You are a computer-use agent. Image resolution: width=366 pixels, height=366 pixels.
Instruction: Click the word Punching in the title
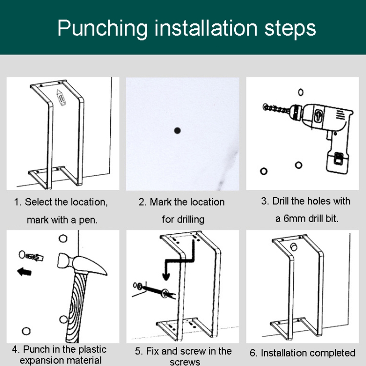click(x=102, y=29)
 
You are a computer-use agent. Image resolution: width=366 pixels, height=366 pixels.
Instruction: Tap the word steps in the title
click(x=290, y=29)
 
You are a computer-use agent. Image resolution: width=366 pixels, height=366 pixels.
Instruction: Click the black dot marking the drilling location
click(x=178, y=130)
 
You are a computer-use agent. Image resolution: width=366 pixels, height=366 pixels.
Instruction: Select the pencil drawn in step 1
click(x=61, y=97)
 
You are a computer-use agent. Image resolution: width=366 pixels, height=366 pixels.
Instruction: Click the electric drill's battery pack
click(x=338, y=163)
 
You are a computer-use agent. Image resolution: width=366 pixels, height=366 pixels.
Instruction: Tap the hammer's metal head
click(x=82, y=264)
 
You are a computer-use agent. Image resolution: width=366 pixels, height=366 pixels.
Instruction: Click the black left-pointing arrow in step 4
click(x=24, y=272)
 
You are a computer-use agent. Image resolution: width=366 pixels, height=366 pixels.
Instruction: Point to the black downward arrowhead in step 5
click(x=166, y=277)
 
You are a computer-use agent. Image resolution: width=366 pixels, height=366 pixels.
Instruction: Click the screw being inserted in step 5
click(x=154, y=290)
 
